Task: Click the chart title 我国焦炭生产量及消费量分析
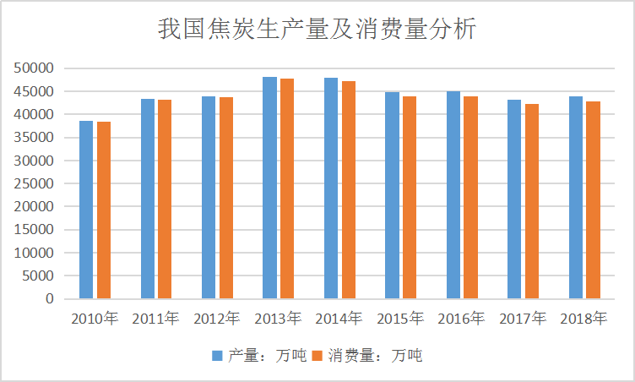[317, 30]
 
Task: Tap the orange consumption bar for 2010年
[104, 210]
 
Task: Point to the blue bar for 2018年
[576, 198]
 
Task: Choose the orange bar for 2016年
[470, 198]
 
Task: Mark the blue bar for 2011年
[148, 199]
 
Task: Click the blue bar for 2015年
[392, 195]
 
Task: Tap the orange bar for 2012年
[226, 198]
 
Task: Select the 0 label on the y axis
[50, 299]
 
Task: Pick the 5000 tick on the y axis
[40, 276]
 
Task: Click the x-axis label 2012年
[217, 319]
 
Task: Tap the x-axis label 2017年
[523, 319]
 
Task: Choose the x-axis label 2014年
[339, 319]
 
